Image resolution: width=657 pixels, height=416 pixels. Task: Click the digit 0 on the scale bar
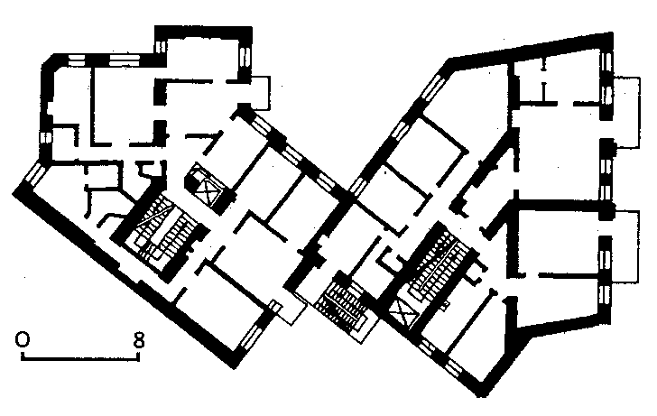click(x=23, y=339)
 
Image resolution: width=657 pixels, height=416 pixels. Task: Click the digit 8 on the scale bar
click(x=139, y=340)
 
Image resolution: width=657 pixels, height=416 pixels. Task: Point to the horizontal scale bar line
click(x=80, y=358)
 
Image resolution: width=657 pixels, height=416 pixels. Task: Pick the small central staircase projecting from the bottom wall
click(x=343, y=305)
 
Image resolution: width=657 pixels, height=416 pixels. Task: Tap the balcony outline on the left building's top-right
click(x=261, y=93)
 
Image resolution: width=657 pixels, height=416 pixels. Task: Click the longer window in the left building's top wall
click(x=124, y=60)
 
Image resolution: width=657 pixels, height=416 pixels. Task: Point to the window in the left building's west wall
click(x=45, y=136)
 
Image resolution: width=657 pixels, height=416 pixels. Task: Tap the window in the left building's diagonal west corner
click(x=35, y=174)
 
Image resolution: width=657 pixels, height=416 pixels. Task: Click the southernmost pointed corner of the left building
click(x=235, y=368)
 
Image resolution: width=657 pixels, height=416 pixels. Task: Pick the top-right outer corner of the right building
click(x=612, y=32)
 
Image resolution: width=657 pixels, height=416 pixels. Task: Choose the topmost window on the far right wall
click(x=606, y=62)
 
